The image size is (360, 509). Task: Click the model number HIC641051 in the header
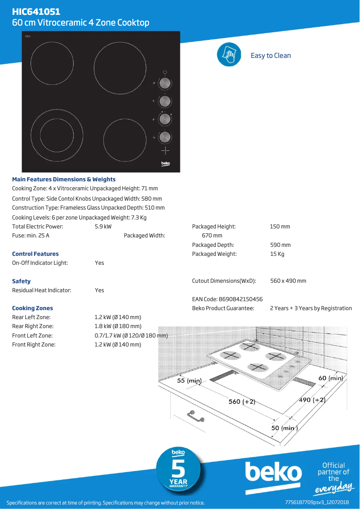[36, 12]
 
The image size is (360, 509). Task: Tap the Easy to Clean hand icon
[229, 55]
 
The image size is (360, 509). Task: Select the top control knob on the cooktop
[165, 83]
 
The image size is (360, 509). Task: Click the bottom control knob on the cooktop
[165, 136]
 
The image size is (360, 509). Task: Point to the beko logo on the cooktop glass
[166, 164]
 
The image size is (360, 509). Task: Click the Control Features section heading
[35, 254]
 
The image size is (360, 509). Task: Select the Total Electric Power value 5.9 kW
[103, 227]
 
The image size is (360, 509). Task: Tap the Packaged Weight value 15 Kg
[277, 254]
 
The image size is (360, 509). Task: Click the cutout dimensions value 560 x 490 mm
[288, 281]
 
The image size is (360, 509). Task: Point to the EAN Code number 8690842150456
[241, 299]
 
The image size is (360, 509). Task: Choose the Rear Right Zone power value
[118, 326]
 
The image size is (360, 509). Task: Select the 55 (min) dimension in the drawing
[189, 381]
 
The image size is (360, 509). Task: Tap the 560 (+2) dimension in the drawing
[242, 402]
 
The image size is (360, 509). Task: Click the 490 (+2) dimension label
[312, 400]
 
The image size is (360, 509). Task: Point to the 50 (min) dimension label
[284, 428]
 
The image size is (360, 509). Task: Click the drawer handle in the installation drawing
[197, 417]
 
